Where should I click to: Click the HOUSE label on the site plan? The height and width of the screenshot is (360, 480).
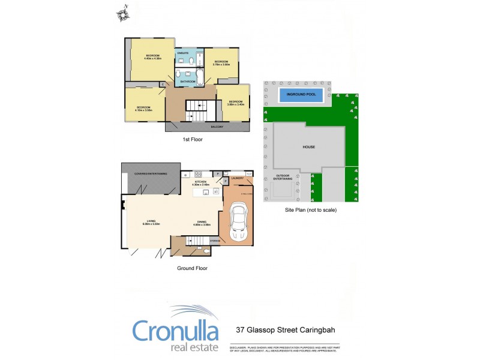[308, 146]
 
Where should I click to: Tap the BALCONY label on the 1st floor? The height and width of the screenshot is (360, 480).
[217, 127]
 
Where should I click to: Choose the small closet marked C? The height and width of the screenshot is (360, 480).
[163, 85]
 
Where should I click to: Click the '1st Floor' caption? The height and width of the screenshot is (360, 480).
[193, 139]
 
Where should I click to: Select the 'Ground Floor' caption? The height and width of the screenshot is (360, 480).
[192, 268]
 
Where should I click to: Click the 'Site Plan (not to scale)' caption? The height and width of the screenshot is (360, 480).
[310, 211]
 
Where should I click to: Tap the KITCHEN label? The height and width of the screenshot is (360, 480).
[200, 182]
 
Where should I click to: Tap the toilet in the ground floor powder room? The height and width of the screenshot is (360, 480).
[206, 250]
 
